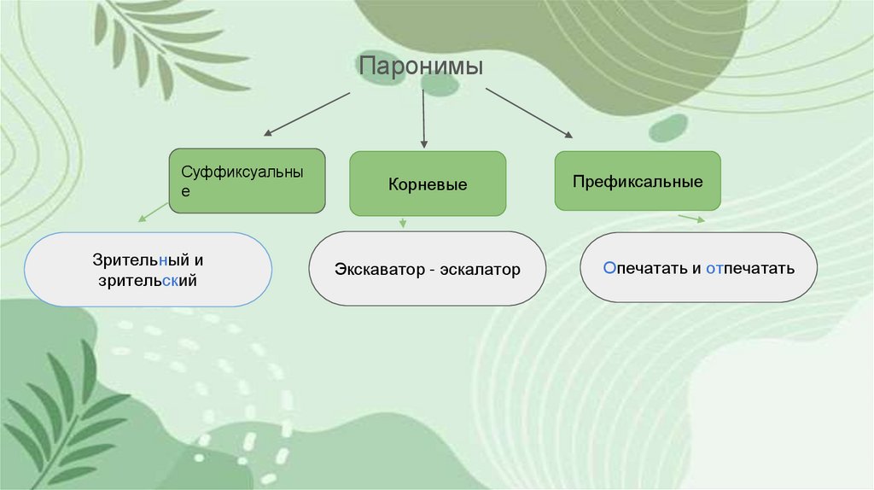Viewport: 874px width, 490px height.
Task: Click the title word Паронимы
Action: [x=421, y=67]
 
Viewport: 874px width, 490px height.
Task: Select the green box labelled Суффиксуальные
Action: [x=248, y=180]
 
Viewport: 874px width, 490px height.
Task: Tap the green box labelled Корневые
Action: [x=428, y=184]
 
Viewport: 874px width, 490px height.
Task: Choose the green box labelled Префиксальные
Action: [x=638, y=181]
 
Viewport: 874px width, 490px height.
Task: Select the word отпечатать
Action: [x=750, y=268]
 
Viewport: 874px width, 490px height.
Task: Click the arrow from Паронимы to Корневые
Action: [x=423, y=120]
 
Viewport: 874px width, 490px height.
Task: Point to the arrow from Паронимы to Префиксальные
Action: [x=528, y=113]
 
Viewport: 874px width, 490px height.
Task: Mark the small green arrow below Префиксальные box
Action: [x=691, y=219]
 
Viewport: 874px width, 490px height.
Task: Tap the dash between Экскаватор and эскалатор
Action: [x=434, y=271]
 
